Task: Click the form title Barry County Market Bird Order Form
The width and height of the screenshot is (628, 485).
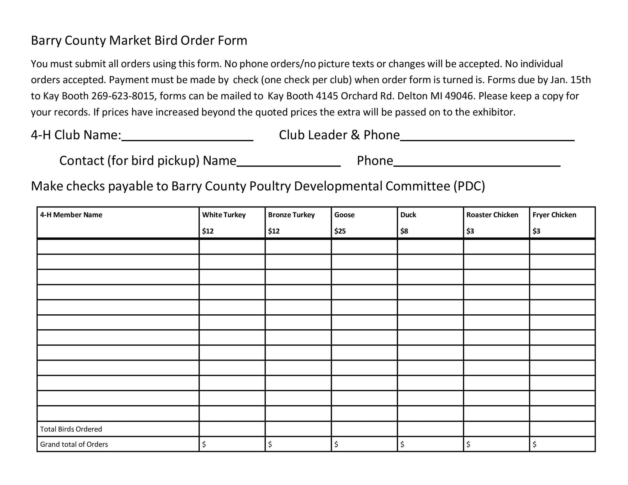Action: point(139,41)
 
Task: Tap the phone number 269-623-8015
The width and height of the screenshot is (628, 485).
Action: point(123,96)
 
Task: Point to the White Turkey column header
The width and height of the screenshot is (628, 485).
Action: point(224,215)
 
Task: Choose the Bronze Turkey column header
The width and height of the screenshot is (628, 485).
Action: point(291,215)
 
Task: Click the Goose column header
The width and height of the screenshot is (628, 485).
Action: point(344,215)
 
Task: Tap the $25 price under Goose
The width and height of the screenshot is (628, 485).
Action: point(340,231)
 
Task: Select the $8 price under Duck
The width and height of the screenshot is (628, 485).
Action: point(404,231)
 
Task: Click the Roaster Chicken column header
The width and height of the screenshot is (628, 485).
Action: point(492,215)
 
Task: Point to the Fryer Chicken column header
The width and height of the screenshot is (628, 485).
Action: point(554,215)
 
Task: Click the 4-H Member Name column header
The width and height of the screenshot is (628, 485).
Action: point(71,215)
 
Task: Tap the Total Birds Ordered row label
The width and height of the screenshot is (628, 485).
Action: point(71,429)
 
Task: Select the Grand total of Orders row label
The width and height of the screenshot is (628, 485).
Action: point(74,444)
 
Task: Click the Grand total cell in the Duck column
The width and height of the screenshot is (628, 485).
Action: point(430,444)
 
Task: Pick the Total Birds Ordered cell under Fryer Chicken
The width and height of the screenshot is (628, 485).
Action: point(562,429)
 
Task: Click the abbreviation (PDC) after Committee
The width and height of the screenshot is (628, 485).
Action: point(469,186)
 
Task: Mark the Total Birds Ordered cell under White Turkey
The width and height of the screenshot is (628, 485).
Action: point(232,429)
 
